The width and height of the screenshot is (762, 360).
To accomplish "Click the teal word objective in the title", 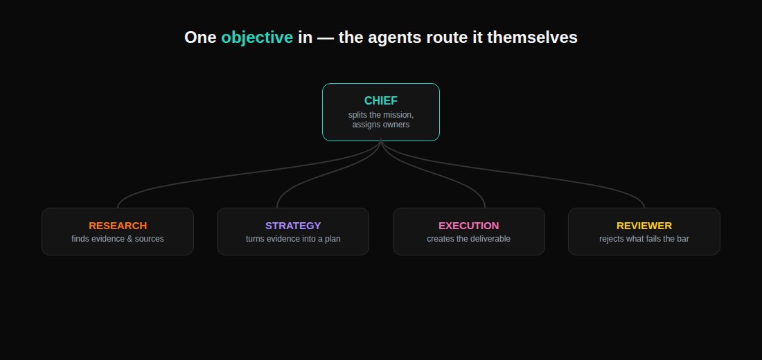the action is [x=257, y=37].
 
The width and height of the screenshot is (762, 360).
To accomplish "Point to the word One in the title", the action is [x=200, y=37].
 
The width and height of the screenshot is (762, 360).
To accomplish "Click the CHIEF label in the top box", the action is [x=381, y=100].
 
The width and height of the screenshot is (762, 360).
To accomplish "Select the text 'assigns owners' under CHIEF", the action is [x=381, y=125].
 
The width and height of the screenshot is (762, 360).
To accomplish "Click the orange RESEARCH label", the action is [x=118, y=226].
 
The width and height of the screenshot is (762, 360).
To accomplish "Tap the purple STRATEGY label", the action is [x=293, y=226].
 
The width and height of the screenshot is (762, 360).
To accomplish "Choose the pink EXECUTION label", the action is [x=469, y=226].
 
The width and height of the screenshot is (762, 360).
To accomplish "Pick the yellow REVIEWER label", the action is [x=644, y=226].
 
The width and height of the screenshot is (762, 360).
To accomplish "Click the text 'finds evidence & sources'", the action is [x=118, y=239].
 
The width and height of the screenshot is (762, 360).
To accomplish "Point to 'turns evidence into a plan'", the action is [x=293, y=239].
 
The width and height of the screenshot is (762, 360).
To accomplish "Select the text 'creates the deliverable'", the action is [x=469, y=239].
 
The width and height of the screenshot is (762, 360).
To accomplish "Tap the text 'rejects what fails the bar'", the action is [x=644, y=239].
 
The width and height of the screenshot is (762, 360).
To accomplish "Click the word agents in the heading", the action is [x=394, y=38].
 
